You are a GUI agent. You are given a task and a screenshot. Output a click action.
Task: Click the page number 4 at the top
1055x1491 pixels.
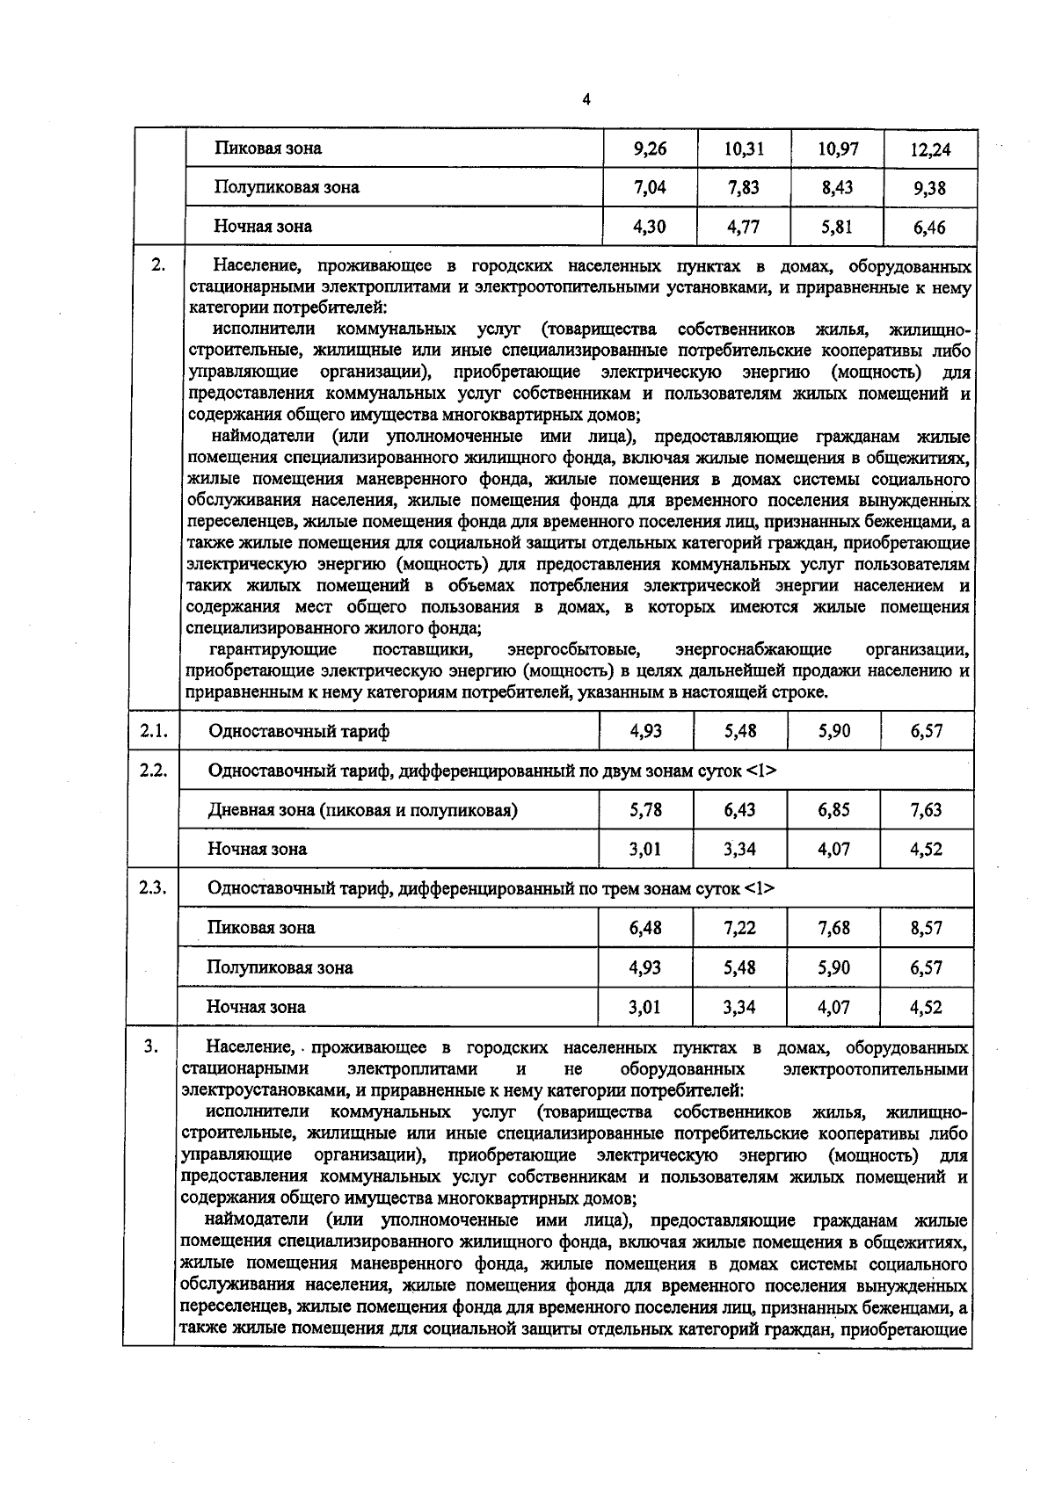coord(586,99)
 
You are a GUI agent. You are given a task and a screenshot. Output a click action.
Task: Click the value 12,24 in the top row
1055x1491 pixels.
coord(930,149)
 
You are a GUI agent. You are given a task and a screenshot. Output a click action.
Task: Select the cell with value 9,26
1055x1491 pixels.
coord(650,148)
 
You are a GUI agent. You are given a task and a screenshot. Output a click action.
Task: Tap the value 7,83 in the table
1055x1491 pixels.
coord(743,187)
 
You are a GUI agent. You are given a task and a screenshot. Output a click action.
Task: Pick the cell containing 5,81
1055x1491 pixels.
coord(837,227)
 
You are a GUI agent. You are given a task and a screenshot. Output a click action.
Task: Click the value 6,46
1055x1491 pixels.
coord(929,228)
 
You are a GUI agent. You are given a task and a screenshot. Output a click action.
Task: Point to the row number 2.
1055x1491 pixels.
coord(157,264)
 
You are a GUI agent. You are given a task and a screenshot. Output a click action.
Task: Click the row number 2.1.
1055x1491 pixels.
coord(153,730)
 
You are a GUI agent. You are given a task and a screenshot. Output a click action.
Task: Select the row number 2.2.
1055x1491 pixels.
coord(153,770)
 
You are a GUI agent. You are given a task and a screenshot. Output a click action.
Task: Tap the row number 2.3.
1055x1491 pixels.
coord(153,887)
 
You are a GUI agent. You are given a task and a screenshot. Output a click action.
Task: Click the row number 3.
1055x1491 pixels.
coord(151,1046)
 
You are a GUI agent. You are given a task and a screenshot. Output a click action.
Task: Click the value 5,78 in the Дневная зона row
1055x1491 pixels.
coord(646,810)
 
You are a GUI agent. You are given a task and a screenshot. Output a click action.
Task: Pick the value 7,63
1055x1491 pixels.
coord(927,810)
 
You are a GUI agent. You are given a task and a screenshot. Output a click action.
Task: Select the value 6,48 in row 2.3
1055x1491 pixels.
coord(646,928)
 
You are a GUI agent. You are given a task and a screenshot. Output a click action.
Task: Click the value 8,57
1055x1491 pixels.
coord(927,928)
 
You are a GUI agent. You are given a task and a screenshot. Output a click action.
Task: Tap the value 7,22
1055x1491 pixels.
coord(740,928)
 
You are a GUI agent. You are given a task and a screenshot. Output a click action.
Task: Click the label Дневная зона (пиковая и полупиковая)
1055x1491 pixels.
coord(362,810)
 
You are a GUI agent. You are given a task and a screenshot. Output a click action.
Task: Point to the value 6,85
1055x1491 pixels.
coord(833,810)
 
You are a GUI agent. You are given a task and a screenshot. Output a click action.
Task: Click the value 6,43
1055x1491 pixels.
coord(740,810)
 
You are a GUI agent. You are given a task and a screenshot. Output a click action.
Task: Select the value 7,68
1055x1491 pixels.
coord(833,928)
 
